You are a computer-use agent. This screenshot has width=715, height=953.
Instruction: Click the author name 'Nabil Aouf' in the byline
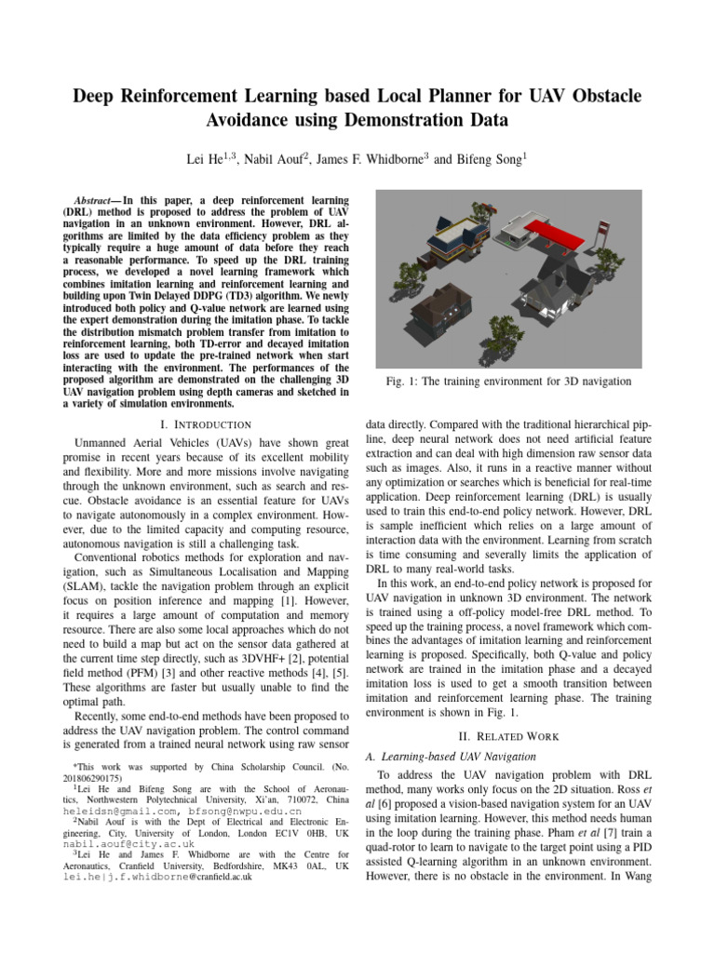pos(278,159)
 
